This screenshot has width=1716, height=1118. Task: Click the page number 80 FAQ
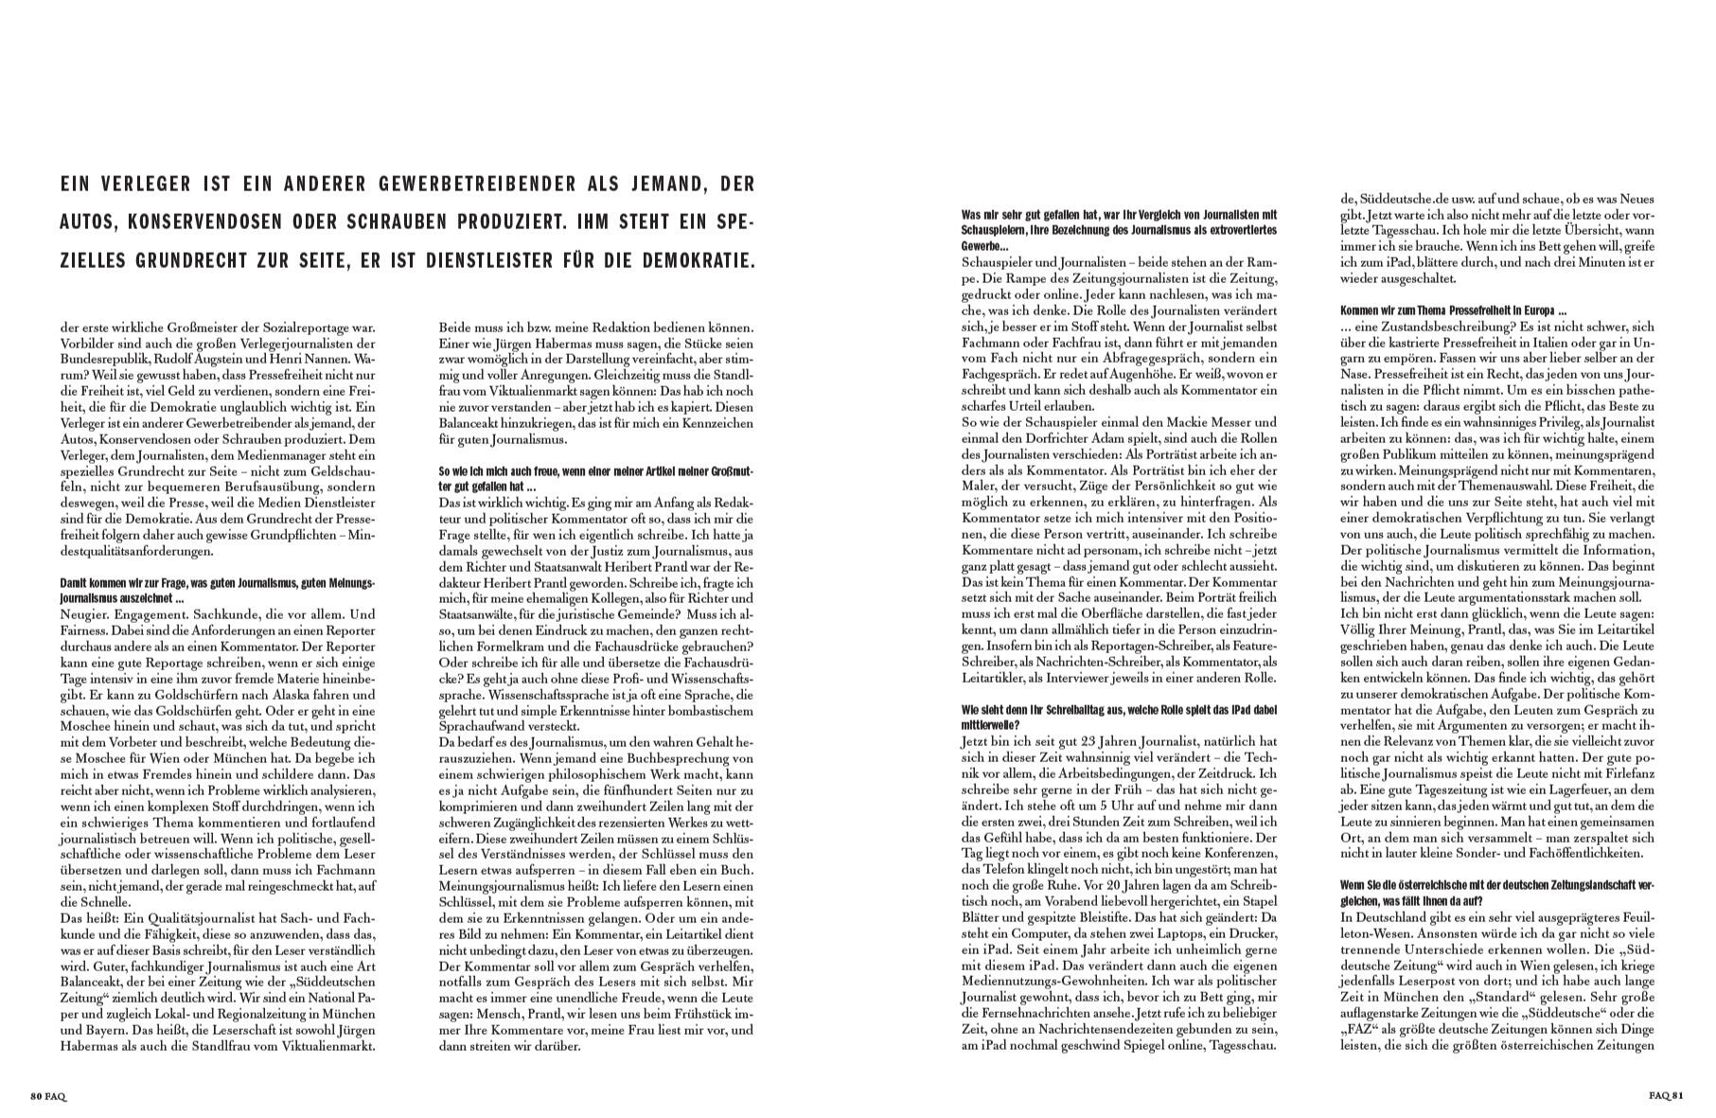[48, 1096]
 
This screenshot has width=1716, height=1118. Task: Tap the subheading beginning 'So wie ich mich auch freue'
[596, 478]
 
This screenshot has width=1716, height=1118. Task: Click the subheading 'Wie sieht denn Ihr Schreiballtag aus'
[1119, 716]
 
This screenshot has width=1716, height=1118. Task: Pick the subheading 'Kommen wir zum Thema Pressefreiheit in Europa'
[1454, 311]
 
